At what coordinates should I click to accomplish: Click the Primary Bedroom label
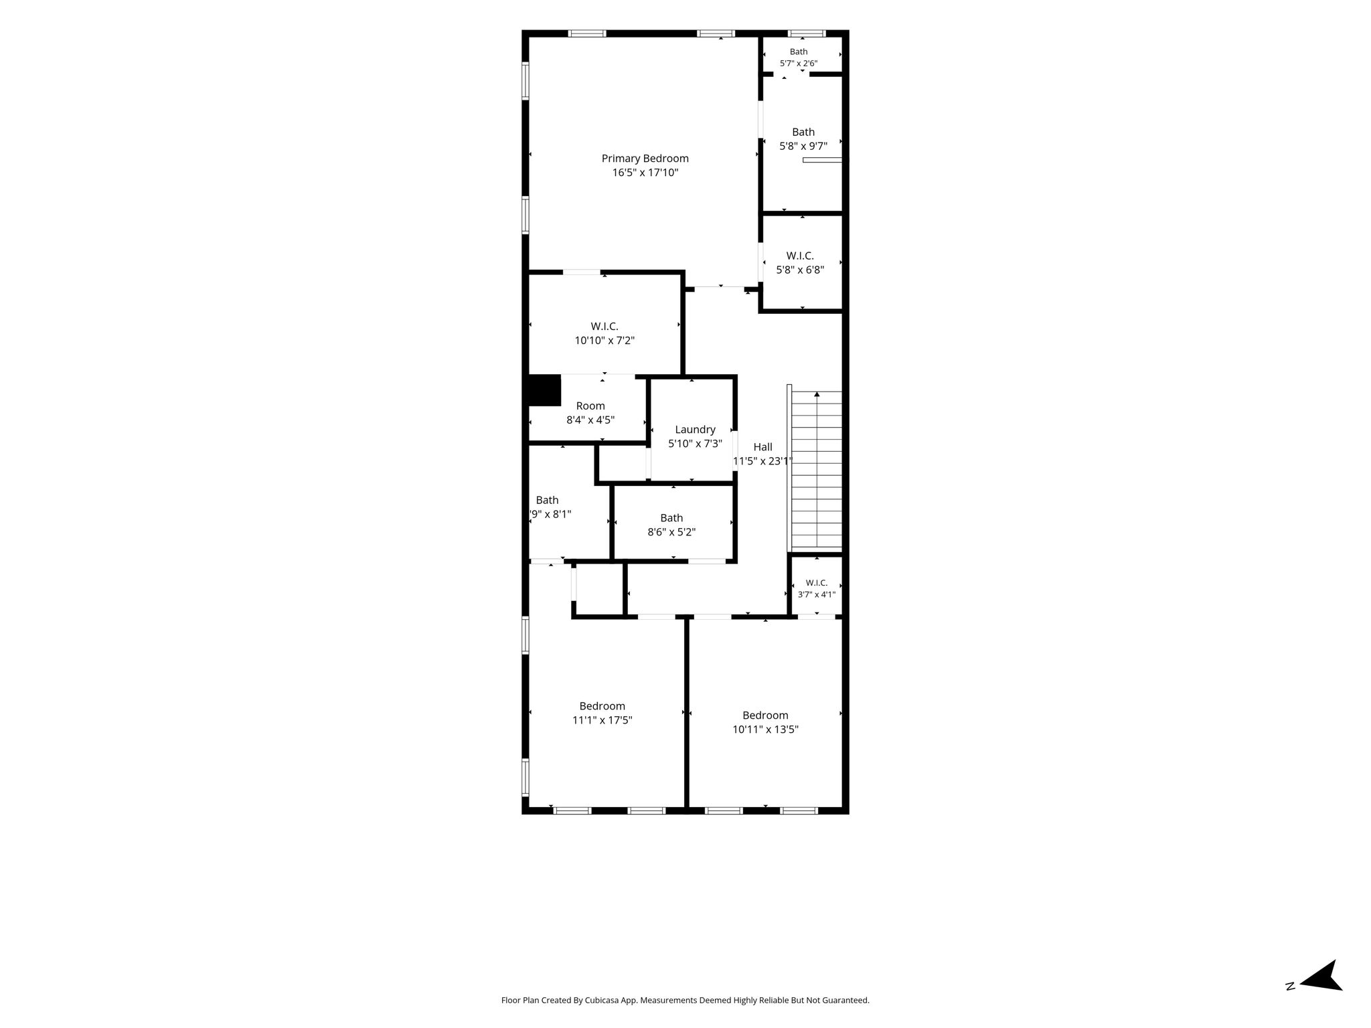[645, 159]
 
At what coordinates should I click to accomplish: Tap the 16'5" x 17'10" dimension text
[645, 173]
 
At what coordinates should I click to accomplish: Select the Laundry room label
[695, 430]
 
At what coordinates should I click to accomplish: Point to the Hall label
[762, 447]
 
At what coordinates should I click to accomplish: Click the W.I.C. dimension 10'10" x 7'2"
[604, 341]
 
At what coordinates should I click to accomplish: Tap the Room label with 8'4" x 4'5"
[590, 406]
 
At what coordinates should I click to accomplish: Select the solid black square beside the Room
[544, 390]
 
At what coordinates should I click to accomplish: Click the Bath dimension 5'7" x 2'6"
[799, 64]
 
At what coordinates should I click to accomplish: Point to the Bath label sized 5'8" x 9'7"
[803, 132]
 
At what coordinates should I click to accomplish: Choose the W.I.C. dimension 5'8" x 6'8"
[800, 270]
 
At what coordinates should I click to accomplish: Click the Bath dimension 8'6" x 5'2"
[671, 533]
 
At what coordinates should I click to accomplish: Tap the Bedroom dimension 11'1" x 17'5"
[602, 720]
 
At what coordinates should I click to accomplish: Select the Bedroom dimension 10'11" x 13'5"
[765, 730]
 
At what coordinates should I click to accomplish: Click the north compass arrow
[1321, 995]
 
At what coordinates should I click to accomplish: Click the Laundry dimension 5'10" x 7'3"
[695, 444]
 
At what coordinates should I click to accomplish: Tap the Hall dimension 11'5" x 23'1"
[762, 461]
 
